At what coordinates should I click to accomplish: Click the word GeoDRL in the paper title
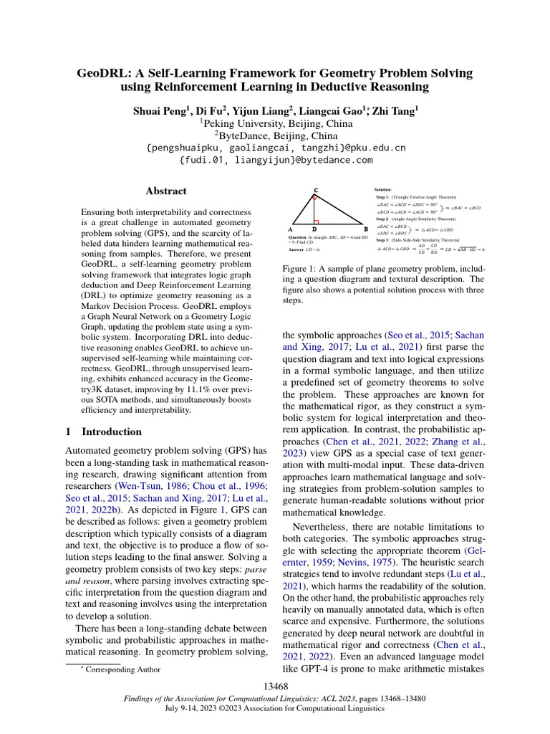(x=107, y=74)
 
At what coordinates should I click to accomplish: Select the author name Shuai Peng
(x=158, y=111)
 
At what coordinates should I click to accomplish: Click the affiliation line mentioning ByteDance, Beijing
(x=275, y=135)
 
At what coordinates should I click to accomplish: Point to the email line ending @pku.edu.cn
(x=275, y=148)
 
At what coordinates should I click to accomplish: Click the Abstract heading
(x=166, y=191)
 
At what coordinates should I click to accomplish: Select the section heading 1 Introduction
(x=104, y=432)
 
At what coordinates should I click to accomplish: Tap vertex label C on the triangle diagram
(x=317, y=190)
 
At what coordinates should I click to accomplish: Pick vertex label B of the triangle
(x=366, y=229)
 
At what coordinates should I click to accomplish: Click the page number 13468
(x=275, y=687)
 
